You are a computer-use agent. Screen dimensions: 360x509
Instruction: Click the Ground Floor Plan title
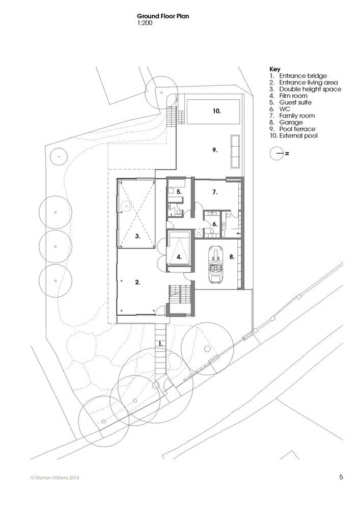point(162,16)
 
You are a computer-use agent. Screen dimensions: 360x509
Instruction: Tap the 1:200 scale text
point(145,23)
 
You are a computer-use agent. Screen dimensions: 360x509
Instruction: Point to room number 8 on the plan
point(232,257)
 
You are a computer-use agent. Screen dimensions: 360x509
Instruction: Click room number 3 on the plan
point(137,236)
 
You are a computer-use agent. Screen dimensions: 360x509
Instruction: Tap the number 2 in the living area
point(137,282)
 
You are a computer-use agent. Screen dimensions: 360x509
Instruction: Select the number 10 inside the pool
point(217,111)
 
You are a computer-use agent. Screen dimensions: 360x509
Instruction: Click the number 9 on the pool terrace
point(214,150)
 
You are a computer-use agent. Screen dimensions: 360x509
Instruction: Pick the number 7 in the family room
point(214,192)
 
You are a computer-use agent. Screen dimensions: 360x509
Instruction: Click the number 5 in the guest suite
point(179,192)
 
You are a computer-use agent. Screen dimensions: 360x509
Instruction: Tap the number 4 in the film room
point(179,257)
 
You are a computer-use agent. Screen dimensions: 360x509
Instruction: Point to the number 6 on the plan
point(214,224)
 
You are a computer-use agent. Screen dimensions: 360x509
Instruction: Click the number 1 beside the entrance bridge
point(160,343)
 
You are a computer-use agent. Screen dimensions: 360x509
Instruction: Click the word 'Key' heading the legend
point(275,69)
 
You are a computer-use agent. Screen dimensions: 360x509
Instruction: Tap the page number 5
point(341,477)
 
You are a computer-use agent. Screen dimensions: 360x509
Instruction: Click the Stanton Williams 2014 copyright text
point(55,477)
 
